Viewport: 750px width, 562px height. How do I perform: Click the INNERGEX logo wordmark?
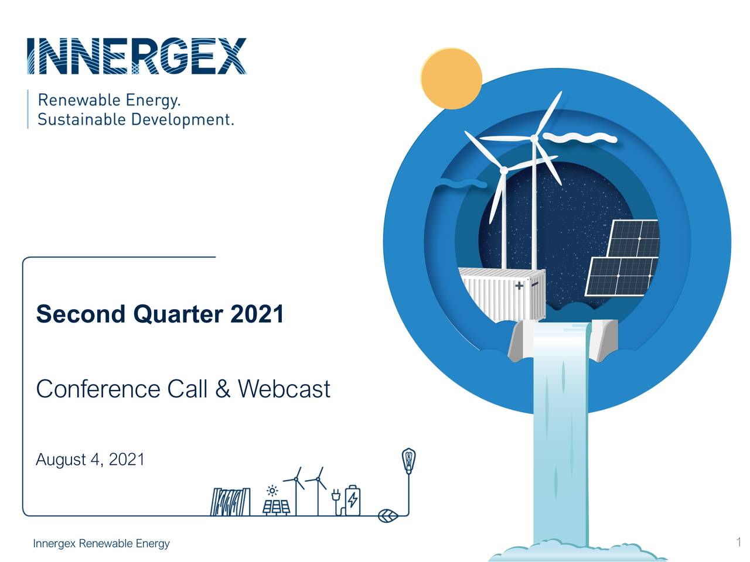pos(136,56)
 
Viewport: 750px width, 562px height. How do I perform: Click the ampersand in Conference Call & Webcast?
pos(223,389)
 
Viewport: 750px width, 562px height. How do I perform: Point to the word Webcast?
pos(284,389)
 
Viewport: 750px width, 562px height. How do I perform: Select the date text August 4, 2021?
pos(90,460)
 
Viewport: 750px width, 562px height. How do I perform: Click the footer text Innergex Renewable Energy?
pos(101,544)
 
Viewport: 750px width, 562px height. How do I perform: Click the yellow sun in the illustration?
pos(451,78)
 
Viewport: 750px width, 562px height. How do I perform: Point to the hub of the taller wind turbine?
pos(534,139)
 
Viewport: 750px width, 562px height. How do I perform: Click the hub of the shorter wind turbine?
pos(503,170)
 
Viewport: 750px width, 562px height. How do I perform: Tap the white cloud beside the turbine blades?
pos(580,138)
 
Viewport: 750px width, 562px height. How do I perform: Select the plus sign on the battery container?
pos(519,286)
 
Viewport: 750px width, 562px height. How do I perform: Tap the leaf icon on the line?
pos(388,516)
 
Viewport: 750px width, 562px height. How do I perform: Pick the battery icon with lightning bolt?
pos(353,501)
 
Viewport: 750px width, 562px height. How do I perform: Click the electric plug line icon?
pos(336,498)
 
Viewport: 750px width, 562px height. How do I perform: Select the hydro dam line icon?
pos(230,502)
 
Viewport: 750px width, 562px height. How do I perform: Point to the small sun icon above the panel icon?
pos(272,491)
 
